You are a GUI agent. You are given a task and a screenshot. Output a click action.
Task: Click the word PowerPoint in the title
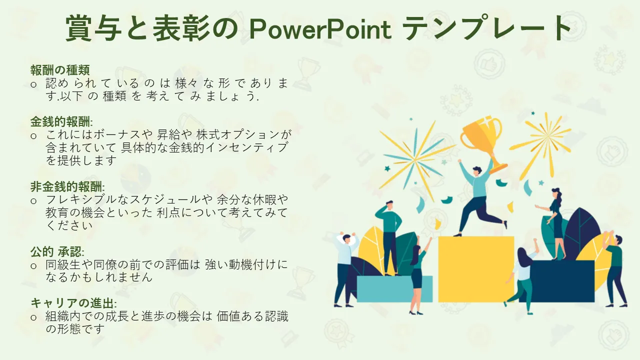point(320,29)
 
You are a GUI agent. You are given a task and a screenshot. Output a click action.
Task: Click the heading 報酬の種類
point(60,70)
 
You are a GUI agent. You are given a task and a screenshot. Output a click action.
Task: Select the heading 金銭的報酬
point(61,121)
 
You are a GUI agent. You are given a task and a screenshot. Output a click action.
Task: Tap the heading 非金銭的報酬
point(67,186)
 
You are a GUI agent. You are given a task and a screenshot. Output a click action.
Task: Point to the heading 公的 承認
point(57,251)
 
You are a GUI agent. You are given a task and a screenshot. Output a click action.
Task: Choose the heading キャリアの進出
point(73,303)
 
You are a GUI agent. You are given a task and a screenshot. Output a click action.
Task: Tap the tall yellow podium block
point(476,269)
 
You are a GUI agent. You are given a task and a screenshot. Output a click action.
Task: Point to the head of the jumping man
point(476,171)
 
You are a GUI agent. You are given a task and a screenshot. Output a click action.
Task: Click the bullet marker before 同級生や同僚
point(33,266)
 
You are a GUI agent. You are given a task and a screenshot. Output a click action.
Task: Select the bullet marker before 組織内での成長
point(33,317)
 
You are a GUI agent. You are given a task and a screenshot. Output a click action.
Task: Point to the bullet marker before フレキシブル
point(33,201)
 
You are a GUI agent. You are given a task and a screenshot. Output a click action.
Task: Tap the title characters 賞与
point(94,28)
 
